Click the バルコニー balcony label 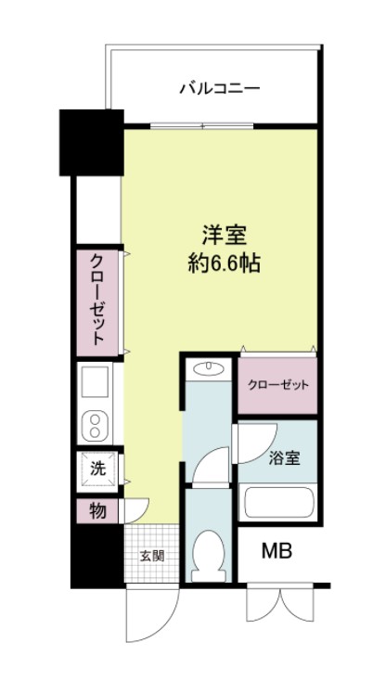click(219, 89)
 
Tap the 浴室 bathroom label click(282, 457)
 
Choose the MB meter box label click(276, 553)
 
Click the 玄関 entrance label click(151, 557)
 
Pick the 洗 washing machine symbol click(97, 469)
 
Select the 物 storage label click(96, 510)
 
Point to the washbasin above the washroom click(207, 371)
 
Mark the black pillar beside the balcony click(91, 142)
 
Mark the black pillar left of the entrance click(96, 557)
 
